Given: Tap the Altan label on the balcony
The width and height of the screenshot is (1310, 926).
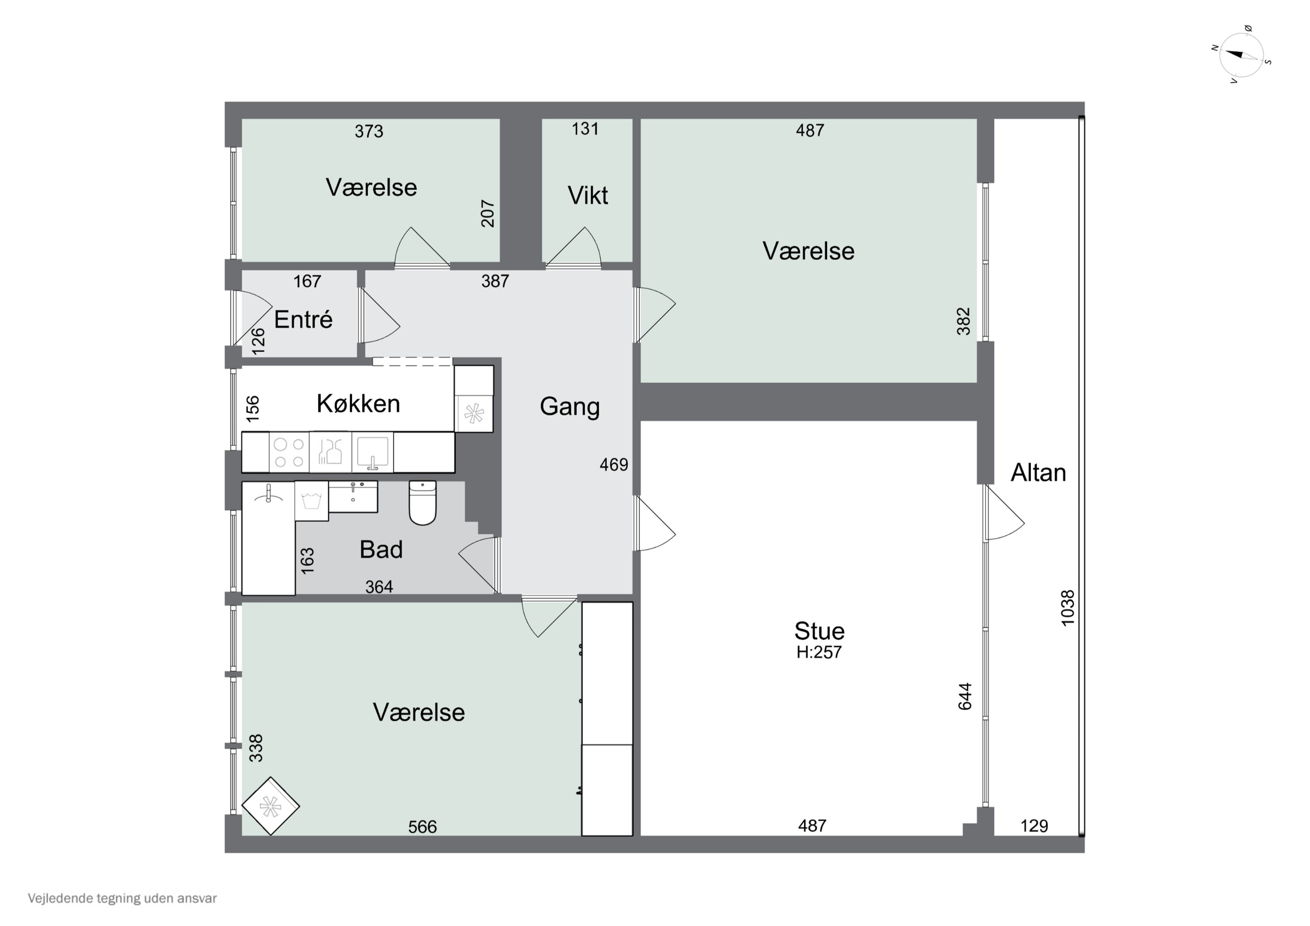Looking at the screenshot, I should (x=1038, y=473).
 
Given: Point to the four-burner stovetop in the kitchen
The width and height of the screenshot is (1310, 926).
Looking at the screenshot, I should (x=289, y=452).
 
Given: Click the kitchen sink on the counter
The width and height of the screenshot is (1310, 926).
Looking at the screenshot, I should (x=372, y=452).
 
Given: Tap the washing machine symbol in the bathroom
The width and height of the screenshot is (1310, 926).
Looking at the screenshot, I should (x=311, y=501).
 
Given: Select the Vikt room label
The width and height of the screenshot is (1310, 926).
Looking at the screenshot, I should (x=587, y=196).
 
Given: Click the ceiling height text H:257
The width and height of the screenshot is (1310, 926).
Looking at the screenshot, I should (x=819, y=652).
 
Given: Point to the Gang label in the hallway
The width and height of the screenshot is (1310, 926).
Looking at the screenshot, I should (x=569, y=407).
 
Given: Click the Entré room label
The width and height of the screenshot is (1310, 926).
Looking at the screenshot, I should (x=303, y=320).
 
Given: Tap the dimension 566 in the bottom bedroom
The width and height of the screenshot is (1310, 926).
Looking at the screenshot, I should (x=422, y=827).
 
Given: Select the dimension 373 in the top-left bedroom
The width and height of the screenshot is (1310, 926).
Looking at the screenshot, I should (x=369, y=132).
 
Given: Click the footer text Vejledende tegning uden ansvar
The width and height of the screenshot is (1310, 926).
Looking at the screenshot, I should (x=122, y=898).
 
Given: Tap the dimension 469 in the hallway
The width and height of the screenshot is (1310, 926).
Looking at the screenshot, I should (x=614, y=465).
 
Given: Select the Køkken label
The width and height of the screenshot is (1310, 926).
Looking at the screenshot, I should (x=359, y=404).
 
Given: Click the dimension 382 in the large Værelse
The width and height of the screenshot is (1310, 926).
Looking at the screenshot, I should (x=963, y=321).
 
